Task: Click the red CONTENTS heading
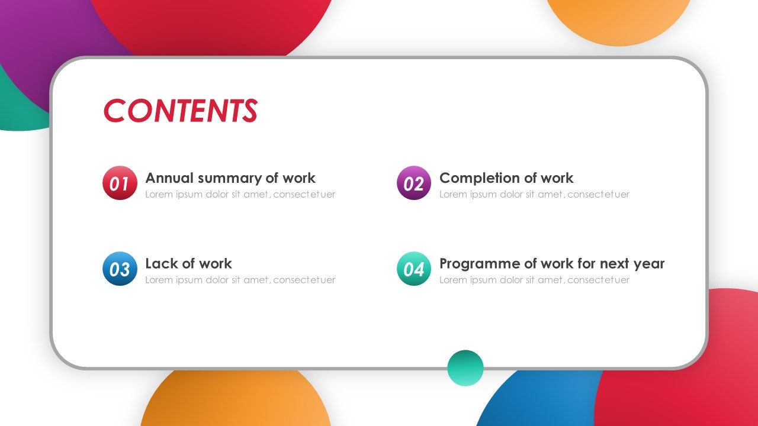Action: pos(180,111)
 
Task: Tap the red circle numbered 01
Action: pos(120,183)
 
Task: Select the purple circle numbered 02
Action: pos(413,183)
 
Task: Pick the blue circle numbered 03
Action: pos(120,269)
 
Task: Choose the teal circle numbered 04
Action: pos(413,269)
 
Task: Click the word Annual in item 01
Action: pos(169,178)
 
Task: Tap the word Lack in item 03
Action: pos(159,263)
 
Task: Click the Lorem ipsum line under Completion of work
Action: pos(534,195)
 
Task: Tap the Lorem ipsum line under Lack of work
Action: pos(240,280)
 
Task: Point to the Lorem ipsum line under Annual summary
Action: pos(240,195)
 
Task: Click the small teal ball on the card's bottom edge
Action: pos(465,368)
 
